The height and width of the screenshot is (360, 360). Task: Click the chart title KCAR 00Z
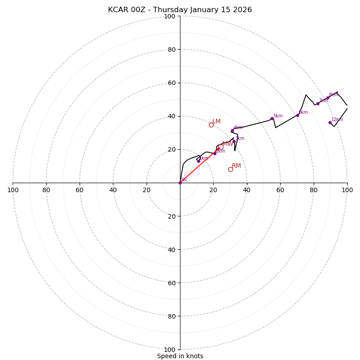point(180,10)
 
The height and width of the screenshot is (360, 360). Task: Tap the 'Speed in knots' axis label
point(180,356)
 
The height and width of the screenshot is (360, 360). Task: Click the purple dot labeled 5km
point(272,119)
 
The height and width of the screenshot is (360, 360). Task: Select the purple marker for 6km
point(297,115)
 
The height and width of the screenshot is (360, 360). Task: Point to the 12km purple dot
point(330,122)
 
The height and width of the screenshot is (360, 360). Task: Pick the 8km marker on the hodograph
point(328,98)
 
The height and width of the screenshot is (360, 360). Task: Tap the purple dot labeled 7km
point(318,103)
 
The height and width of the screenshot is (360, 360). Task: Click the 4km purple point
point(232,131)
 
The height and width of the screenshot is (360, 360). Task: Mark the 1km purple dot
point(198,161)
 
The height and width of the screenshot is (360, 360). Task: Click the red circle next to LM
point(211,125)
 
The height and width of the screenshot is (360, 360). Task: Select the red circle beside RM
point(230,169)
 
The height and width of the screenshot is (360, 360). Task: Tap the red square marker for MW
point(220,147)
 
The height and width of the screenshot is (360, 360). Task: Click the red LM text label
point(216,121)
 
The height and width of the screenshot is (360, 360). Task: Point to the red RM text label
point(236,166)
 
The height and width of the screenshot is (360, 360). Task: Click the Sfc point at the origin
point(180,183)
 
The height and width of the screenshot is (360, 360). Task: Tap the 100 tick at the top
point(169,16)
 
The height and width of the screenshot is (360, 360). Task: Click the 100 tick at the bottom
point(169,350)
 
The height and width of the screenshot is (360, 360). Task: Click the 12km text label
point(337,120)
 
